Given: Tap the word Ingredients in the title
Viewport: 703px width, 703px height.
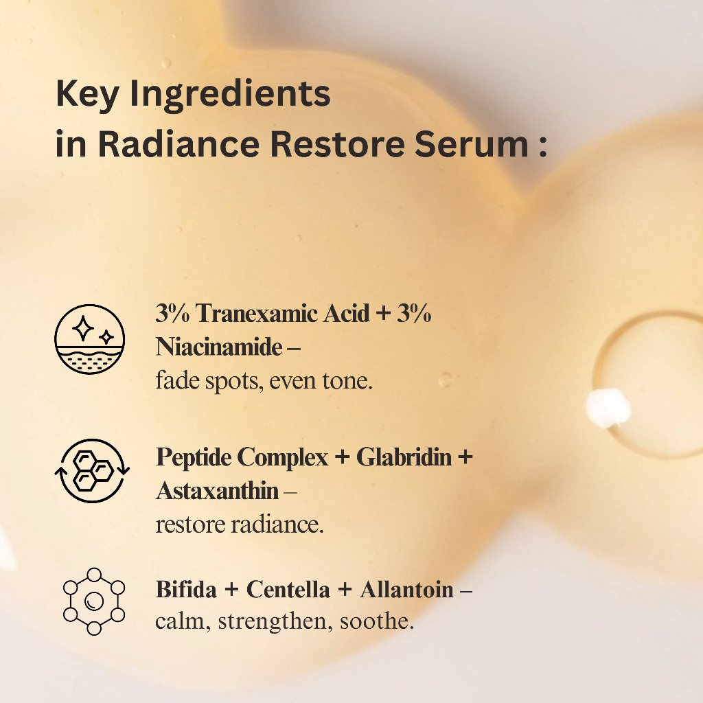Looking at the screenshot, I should click(230, 96).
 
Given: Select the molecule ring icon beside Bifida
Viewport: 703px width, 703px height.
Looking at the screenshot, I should click(94, 601).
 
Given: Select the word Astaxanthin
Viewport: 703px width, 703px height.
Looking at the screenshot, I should click(218, 491).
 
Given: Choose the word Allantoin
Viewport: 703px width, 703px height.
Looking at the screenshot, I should click(407, 590).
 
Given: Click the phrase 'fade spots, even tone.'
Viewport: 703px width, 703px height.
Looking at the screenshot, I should click(264, 381).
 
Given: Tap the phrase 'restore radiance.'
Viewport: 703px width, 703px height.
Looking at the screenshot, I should click(240, 525).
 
